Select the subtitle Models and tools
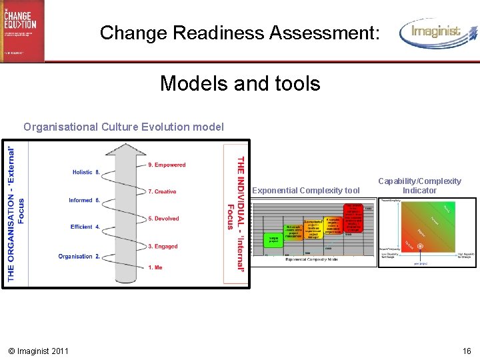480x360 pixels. pos(240,83)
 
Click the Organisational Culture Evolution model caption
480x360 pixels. pos(123,127)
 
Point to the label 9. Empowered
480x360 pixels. pos(167,165)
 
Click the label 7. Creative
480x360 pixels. pos(162,192)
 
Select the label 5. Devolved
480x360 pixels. pos(163,219)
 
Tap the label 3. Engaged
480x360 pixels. pos(163,247)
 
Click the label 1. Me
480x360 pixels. pos(155,267)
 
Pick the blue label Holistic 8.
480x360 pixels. pos(86,172)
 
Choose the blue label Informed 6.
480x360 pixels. pos(84,200)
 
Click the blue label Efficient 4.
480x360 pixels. pos(85,227)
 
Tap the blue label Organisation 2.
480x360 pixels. pos(79,256)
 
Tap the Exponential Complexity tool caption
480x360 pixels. pos(307,191)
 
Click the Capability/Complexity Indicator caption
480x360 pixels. pos(419,185)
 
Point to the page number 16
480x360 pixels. pos(467,351)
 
